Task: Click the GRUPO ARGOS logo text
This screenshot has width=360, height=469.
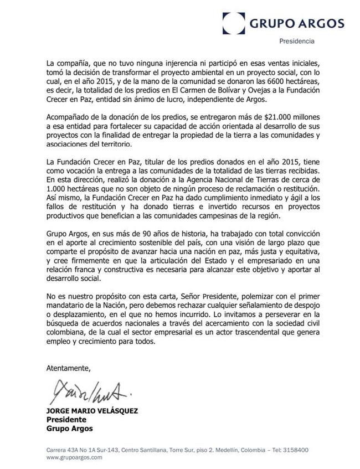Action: (296, 23)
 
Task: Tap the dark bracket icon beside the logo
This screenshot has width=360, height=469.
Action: (233, 23)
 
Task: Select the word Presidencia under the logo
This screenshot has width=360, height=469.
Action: (296, 42)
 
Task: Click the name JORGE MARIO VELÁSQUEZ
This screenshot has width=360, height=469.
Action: (91, 412)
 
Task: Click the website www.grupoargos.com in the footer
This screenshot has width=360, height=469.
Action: (75, 457)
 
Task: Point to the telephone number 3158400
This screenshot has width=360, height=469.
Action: (296, 450)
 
